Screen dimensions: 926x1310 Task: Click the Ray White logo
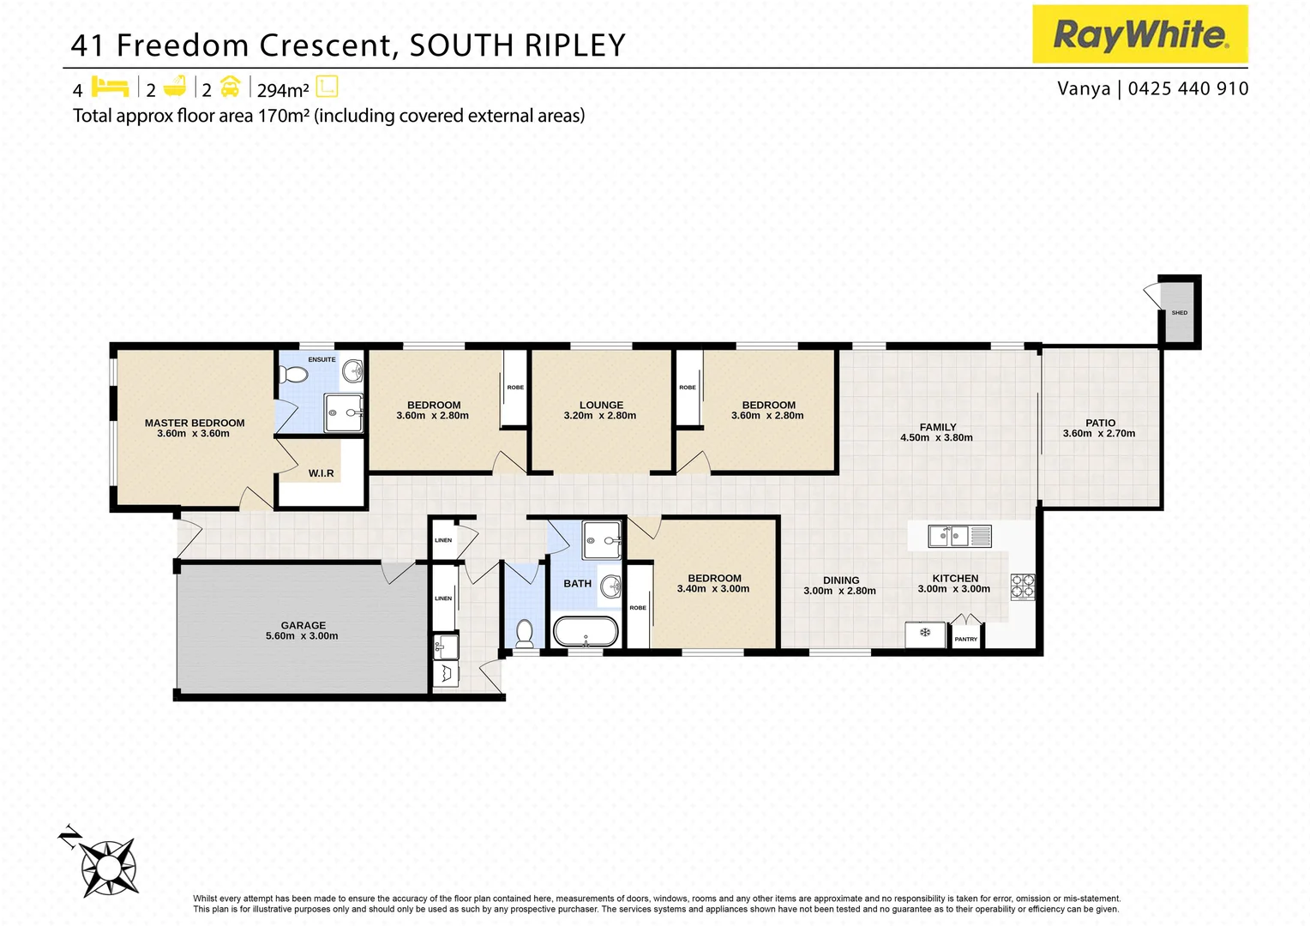click(1139, 34)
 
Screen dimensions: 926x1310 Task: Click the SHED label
click(1180, 313)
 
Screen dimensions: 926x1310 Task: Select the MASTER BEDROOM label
click(195, 423)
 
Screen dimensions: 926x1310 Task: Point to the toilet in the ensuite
click(294, 376)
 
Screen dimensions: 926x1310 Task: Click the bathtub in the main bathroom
click(586, 633)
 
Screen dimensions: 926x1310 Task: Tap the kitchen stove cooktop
click(1023, 586)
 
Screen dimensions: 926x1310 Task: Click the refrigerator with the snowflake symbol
click(925, 634)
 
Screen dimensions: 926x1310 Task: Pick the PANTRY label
click(966, 640)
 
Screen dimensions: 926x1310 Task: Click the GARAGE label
click(303, 625)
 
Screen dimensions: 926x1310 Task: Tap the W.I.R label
click(321, 473)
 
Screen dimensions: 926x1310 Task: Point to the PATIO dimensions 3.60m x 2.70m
click(1099, 434)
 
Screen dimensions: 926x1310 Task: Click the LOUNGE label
click(601, 405)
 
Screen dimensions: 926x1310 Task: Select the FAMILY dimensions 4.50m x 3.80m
click(936, 438)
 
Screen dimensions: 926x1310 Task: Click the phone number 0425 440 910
click(1188, 88)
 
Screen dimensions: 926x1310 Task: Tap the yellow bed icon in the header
click(110, 87)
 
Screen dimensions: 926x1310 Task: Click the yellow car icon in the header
click(230, 87)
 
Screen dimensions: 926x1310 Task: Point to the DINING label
click(841, 580)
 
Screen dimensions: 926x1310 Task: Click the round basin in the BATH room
click(610, 586)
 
